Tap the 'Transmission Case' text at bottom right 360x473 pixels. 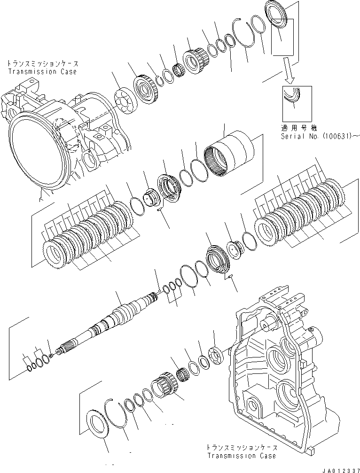tap(241, 456)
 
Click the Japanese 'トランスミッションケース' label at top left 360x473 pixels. tap(42, 64)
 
